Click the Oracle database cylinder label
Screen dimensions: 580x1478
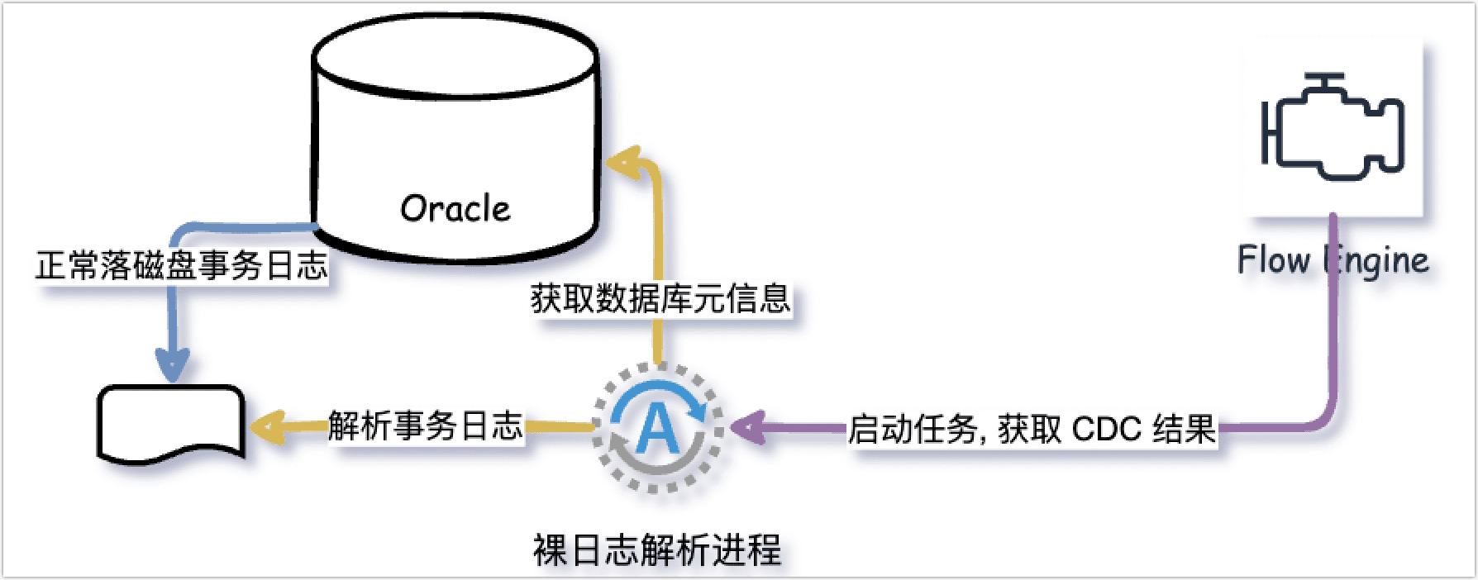click(x=455, y=208)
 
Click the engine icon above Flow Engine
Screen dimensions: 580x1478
click(x=1333, y=128)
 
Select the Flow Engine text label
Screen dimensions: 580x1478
click(x=1333, y=260)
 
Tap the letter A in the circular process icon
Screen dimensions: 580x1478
click(x=657, y=429)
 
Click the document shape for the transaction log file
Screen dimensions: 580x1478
click(x=172, y=421)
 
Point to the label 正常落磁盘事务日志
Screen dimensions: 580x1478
click(x=182, y=265)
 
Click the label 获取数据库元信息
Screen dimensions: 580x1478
click(x=660, y=298)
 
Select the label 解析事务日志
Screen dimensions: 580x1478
click(x=425, y=426)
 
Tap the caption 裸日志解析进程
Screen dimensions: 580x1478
click(x=657, y=550)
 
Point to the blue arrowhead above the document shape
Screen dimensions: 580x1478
click(x=173, y=364)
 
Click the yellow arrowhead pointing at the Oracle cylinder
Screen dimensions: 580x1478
click(x=622, y=162)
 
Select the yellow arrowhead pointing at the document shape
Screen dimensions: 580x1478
click(x=266, y=426)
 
